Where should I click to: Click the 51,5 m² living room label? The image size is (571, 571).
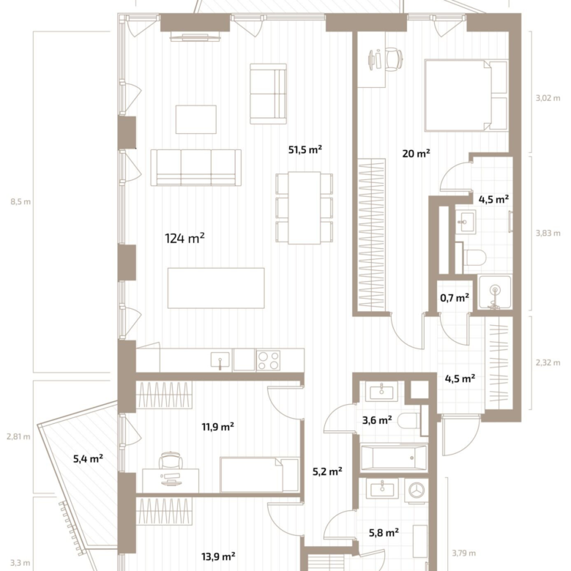(305, 149)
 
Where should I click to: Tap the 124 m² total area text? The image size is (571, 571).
(184, 239)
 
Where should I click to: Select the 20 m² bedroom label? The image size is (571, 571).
(417, 153)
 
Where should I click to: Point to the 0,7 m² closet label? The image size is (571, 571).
(455, 298)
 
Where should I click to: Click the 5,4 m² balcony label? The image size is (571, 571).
(88, 458)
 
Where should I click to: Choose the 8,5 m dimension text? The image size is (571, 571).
(20, 202)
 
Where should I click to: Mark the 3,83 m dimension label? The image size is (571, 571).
(548, 233)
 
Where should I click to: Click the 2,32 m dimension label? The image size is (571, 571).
(548, 362)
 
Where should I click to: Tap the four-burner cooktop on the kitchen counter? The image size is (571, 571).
(269, 360)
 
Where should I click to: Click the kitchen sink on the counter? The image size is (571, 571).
(220, 359)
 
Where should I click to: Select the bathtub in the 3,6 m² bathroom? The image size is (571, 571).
(394, 458)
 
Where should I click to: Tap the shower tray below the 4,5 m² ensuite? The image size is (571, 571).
(495, 292)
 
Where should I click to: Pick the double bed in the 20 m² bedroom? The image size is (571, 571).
(466, 95)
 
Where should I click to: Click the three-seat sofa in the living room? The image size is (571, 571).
(196, 168)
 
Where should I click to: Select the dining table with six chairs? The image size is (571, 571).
(305, 208)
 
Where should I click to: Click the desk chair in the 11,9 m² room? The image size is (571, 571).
(171, 460)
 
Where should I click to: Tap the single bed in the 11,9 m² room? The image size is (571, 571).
(259, 475)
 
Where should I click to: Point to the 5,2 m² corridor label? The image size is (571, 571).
(327, 471)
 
